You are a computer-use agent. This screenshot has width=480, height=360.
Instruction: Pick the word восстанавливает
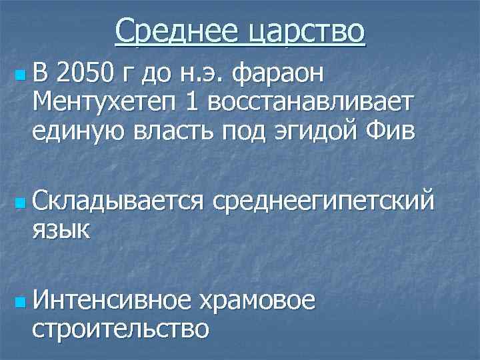[x=311, y=103]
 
